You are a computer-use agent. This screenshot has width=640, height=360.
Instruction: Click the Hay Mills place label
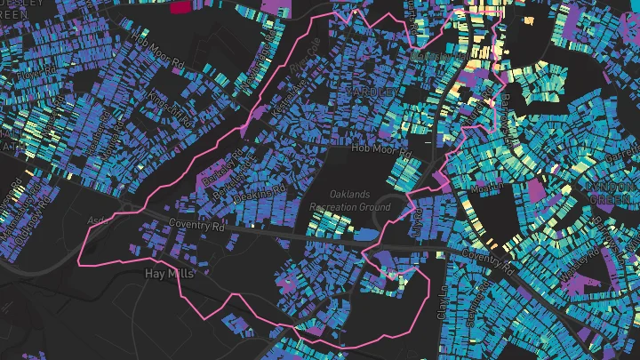[169, 275]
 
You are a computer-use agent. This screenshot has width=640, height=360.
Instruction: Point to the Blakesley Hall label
[436, 56]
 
